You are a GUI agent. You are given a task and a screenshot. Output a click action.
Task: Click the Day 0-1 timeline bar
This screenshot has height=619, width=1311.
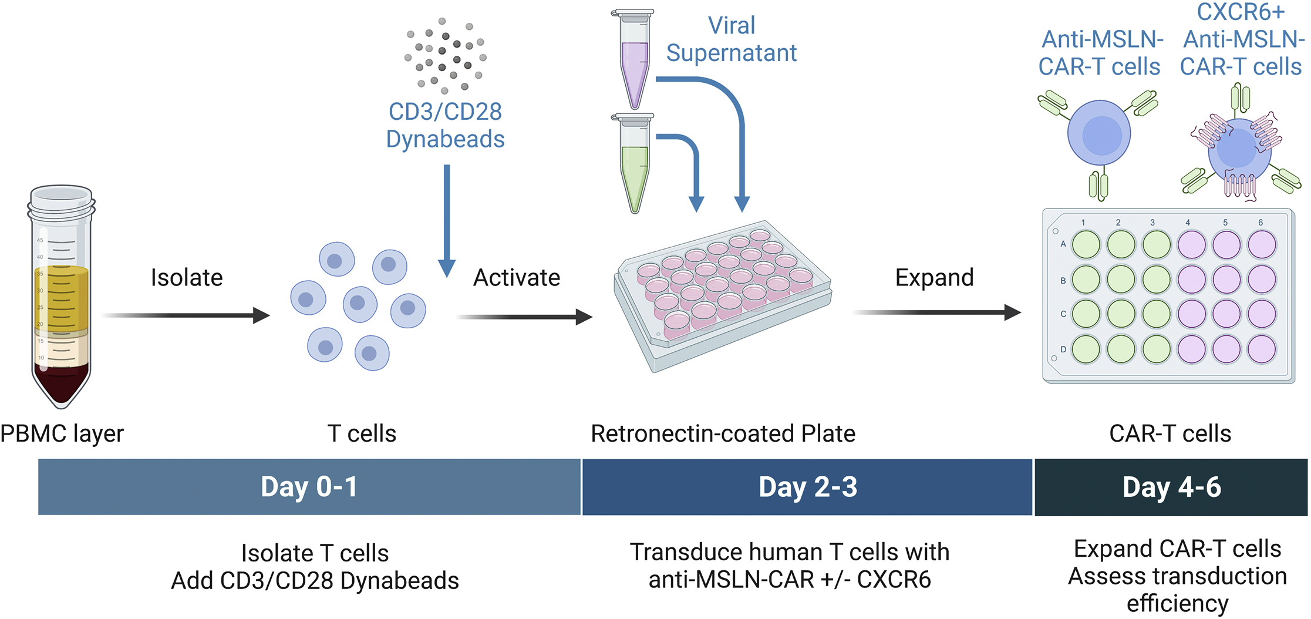tap(309, 487)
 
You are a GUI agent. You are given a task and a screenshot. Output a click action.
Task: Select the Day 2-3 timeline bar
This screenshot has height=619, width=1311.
tap(807, 487)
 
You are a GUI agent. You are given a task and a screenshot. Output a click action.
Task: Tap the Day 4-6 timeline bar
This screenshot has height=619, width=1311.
tap(1171, 487)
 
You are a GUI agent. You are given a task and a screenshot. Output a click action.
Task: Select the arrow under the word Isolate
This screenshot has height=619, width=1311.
tap(187, 315)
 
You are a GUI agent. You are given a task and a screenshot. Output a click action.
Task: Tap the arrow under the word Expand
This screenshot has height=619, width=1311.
tap(937, 312)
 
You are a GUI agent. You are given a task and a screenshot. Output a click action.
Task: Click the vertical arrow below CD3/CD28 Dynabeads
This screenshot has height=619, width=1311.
tap(447, 220)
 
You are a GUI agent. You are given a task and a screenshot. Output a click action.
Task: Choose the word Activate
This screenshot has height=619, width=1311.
tap(517, 278)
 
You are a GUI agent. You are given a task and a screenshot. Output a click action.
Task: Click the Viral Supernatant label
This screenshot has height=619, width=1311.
tap(731, 39)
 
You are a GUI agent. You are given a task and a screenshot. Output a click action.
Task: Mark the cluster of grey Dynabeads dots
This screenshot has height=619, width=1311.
tap(445, 56)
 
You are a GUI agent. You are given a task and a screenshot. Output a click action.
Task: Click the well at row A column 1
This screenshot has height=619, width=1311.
tap(1086, 245)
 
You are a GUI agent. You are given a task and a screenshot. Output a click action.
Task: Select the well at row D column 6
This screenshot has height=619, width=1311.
tap(1261, 349)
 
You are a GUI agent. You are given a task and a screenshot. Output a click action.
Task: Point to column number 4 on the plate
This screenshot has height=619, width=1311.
tap(1187, 223)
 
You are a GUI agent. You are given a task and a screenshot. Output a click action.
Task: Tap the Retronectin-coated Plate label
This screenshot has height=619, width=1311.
tap(723, 433)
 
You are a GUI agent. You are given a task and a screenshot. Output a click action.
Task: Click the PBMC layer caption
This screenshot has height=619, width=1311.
tap(62, 433)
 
